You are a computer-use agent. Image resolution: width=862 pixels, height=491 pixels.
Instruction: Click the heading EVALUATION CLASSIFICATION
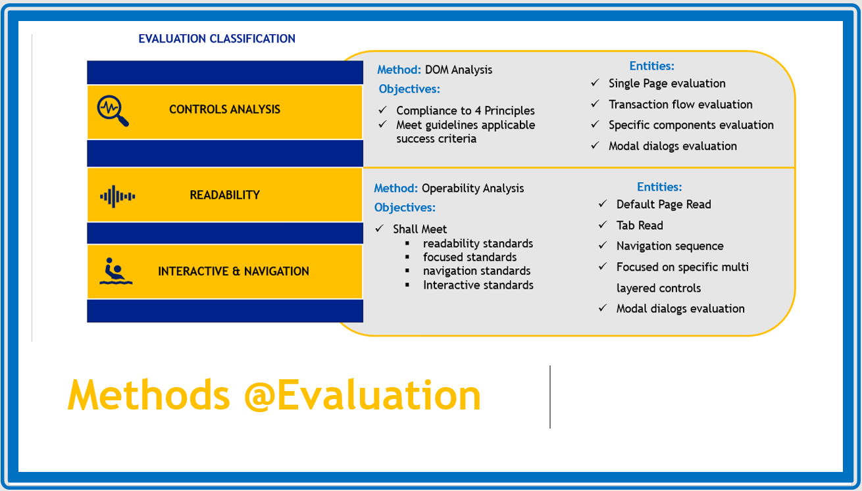pyautogui.click(x=216, y=39)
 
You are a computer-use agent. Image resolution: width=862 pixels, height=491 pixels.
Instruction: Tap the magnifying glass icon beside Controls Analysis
pyautogui.click(x=113, y=110)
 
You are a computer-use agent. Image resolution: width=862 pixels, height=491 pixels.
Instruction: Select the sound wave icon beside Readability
pyautogui.click(x=117, y=196)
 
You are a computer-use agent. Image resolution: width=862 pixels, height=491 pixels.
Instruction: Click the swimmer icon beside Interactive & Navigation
pyautogui.click(x=116, y=271)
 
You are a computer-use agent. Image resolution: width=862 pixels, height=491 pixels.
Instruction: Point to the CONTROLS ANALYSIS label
pyautogui.click(x=224, y=110)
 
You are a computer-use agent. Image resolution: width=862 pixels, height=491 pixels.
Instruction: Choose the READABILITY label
pyautogui.click(x=224, y=195)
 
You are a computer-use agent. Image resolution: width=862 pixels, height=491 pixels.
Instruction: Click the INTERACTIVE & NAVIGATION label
pyautogui.click(x=233, y=271)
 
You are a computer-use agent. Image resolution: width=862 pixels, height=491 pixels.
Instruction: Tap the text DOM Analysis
pyautogui.click(x=458, y=70)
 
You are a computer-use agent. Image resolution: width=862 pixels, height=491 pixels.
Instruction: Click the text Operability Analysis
pyautogui.click(x=472, y=188)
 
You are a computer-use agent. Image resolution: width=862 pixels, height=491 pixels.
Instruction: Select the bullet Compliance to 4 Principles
pyautogui.click(x=465, y=111)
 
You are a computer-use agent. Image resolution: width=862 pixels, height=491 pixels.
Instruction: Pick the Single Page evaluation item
pyautogui.click(x=667, y=83)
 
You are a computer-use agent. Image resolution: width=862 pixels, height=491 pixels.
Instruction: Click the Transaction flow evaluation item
pyautogui.click(x=680, y=105)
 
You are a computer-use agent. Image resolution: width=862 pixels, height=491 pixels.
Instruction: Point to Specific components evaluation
pyautogui.click(x=691, y=125)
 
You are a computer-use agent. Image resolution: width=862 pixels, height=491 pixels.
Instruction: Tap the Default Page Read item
pyautogui.click(x=663, y=204)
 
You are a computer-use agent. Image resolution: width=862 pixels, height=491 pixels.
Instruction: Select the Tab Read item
pyautogui.click(x=639, y=225)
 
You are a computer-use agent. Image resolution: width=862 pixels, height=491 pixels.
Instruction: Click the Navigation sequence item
pyautogui.click(x=669, y=246)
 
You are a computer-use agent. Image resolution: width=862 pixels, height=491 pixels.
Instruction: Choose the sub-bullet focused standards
pyautogui.click(x=469, y=257)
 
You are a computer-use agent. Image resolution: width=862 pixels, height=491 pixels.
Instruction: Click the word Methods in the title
pyautogui.click(x=149, y=395)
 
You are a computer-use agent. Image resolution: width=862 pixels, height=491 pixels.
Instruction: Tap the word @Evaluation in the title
pyautogui.click(x=362, y=395)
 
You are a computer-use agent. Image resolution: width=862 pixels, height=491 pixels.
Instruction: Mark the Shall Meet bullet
pyautogui.click(x=420, y=229)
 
